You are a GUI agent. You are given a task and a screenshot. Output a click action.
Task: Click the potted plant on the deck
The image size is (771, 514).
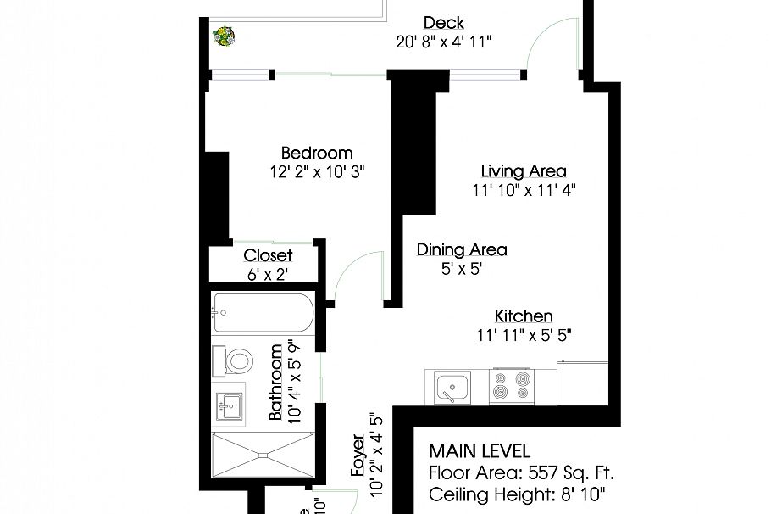click(x=225, y=36)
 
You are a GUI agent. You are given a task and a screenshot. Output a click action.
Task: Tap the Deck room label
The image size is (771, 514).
click(x=444, y=23)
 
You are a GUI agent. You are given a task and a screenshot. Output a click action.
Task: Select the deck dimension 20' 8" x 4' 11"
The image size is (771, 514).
click(x=443, y=41)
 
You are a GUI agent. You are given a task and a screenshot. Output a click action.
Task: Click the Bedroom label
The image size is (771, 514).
click(x=316, y=154)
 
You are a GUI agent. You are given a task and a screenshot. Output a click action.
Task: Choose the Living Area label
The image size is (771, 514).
click(x=524, y=171)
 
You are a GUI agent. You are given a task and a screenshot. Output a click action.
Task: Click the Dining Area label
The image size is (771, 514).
click(x=462, y=249)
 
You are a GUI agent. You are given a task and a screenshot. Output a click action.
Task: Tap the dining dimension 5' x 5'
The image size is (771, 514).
click(x=461, y=269)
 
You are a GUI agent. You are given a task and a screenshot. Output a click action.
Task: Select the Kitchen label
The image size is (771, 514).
click(x=524, y=316)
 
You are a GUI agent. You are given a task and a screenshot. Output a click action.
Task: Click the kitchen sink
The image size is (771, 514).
click(x=452, y=388)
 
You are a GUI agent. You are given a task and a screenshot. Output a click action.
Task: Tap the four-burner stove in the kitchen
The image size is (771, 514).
click(x=511, y=386)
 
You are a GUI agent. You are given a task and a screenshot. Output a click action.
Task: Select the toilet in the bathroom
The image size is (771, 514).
click(x=236, y=362)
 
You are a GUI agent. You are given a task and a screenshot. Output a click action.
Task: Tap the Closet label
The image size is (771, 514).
click(x=268, y=255)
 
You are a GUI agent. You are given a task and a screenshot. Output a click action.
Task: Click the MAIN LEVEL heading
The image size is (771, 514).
click(x=480, y=450)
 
